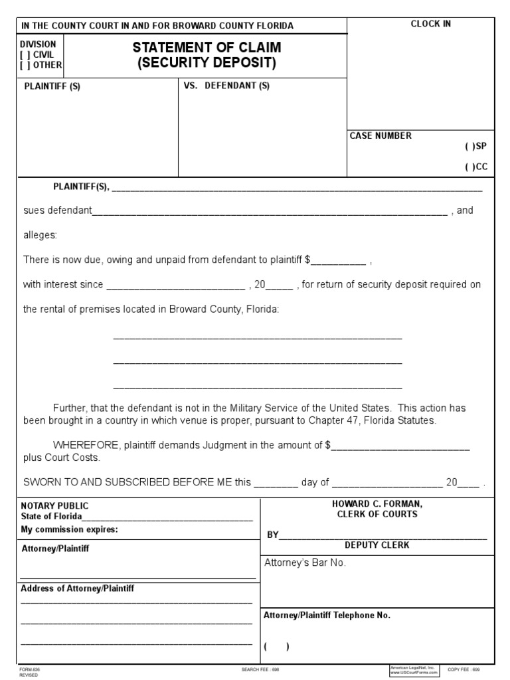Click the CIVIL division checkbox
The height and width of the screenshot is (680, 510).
[x=25, y=54]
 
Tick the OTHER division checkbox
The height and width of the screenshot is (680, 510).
[x=25, y=64]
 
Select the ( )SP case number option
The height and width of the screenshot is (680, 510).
[x=469, y=147]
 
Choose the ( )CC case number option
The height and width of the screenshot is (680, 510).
[x=469, y=167]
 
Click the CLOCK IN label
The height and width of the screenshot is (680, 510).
[x=431, y=25]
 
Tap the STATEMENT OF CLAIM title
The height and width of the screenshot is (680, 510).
[x=207, y=47]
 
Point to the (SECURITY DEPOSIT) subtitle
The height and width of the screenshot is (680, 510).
[x=206, y=64]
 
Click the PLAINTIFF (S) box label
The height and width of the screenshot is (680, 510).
[x=52, y=86]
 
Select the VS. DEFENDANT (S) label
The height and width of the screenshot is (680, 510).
[x=226, y=86]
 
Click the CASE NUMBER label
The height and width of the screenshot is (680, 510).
[x=381, y=135]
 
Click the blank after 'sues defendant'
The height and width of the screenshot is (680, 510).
[x=270, y=212]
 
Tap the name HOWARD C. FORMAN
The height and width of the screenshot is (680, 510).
[x=377, y=504]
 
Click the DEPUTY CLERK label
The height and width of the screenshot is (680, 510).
[x=377, y=545]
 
